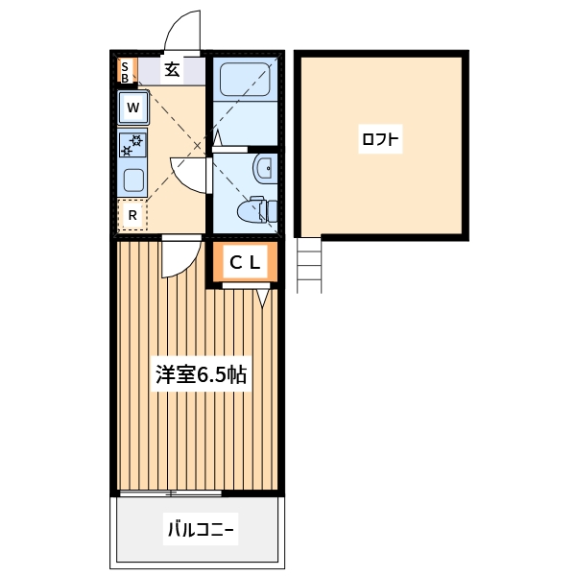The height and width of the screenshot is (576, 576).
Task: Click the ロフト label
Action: tap(380, 140)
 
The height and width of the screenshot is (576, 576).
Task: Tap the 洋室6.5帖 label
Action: tap(202, 374)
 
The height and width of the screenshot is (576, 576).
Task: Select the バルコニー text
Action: tap(202, 528)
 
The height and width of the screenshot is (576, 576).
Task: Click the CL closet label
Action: tap(245, 262)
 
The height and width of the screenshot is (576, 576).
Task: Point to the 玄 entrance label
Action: tap(171, 69)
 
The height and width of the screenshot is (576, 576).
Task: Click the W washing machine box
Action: tap(132, 108)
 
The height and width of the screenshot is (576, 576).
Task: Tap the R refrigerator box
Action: tap(132, 215)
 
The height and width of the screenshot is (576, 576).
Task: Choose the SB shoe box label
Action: tap(124, 70)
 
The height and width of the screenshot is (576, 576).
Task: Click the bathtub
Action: tap(244, 79)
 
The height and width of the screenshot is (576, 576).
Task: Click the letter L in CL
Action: tap(255, 262)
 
